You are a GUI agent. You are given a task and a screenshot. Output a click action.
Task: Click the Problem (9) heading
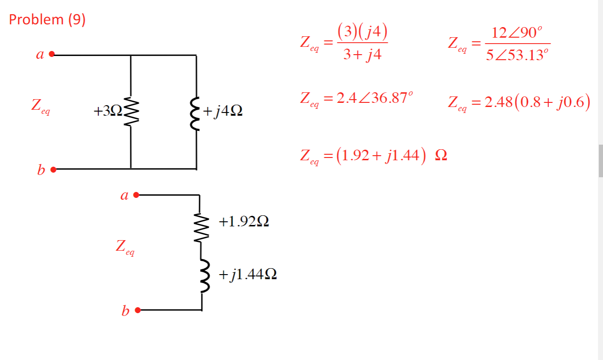47,20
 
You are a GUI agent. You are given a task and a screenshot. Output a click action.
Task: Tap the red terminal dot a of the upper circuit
52,54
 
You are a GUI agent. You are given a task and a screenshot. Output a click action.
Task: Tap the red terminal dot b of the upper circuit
53,169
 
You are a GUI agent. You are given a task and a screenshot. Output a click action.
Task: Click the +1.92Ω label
244,222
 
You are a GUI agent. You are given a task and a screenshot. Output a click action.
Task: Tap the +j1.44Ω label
248,275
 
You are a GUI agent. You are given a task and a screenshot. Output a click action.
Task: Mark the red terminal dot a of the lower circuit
136,195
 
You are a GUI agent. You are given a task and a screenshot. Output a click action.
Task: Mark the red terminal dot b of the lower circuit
136,310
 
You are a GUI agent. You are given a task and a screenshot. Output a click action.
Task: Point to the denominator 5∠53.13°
518,55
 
